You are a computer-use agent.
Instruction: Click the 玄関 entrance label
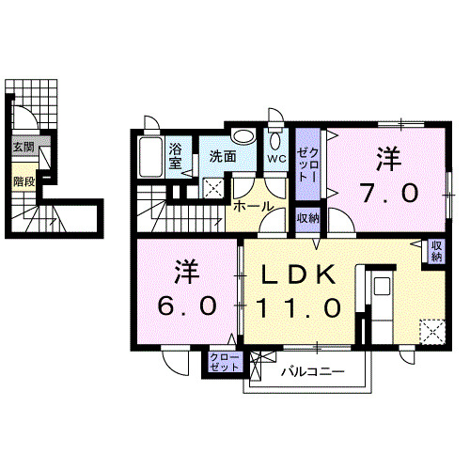[x=23, y=147]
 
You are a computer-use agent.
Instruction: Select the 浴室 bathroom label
[x=177, y=154]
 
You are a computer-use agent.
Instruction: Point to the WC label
[x=275, y=158]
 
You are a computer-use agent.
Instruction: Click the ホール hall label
[x=253, y=206]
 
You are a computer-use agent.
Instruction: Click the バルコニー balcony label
[x=313, y=372]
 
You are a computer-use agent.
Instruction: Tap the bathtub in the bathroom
[x=150, y=157]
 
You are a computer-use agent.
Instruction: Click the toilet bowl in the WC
[x=274, y=142]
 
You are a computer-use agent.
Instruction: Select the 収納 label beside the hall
[x=307, y=218]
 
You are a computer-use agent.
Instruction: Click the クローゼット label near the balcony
[x=224, y=363]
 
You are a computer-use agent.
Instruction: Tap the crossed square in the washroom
[x=216, y=187]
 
